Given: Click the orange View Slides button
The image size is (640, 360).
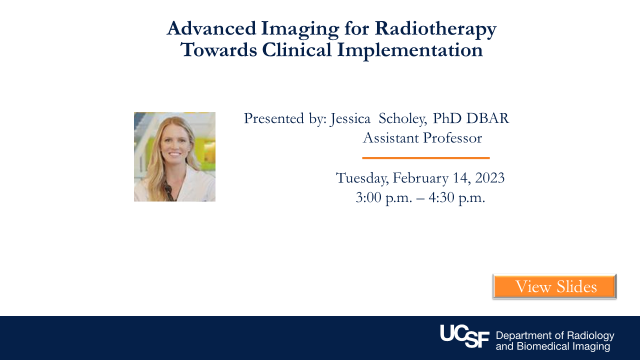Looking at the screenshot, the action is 554,286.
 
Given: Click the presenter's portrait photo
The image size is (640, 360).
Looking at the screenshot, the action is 174,156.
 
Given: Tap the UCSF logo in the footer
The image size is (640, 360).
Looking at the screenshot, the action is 465,336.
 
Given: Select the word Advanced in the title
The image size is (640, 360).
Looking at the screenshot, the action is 211,28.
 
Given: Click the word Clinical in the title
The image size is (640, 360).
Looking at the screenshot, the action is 296,49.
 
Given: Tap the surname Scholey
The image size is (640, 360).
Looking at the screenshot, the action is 403,119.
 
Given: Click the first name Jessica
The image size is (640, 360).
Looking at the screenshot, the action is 350,119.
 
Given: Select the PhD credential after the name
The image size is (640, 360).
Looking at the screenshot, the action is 447,118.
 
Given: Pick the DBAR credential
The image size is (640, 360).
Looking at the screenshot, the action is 487,118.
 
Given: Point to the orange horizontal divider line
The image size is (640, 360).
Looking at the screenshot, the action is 426,157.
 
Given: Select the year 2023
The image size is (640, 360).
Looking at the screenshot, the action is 489,177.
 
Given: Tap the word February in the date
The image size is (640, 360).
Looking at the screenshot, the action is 420,178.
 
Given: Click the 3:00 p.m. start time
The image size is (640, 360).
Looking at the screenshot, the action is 384,197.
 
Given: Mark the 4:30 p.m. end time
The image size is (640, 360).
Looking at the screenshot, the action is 457,197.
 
